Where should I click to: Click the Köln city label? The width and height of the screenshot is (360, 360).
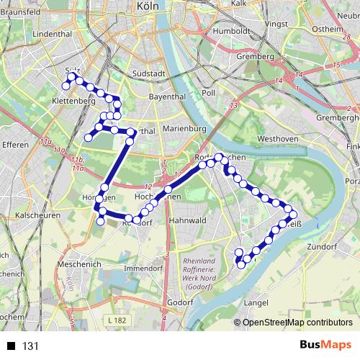147,6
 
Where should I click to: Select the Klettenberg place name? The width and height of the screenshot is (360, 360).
73,102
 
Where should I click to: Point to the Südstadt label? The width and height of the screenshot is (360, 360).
150,73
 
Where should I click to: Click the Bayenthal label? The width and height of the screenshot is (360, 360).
166,95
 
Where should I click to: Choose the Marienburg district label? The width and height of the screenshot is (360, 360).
184,128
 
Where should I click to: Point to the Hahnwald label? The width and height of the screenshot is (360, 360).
187,220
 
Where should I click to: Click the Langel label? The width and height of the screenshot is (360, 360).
257,303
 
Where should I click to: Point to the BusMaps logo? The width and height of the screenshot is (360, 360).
325,346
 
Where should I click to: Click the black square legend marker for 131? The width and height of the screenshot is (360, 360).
12,346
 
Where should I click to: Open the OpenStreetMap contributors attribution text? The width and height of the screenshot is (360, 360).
298,323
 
